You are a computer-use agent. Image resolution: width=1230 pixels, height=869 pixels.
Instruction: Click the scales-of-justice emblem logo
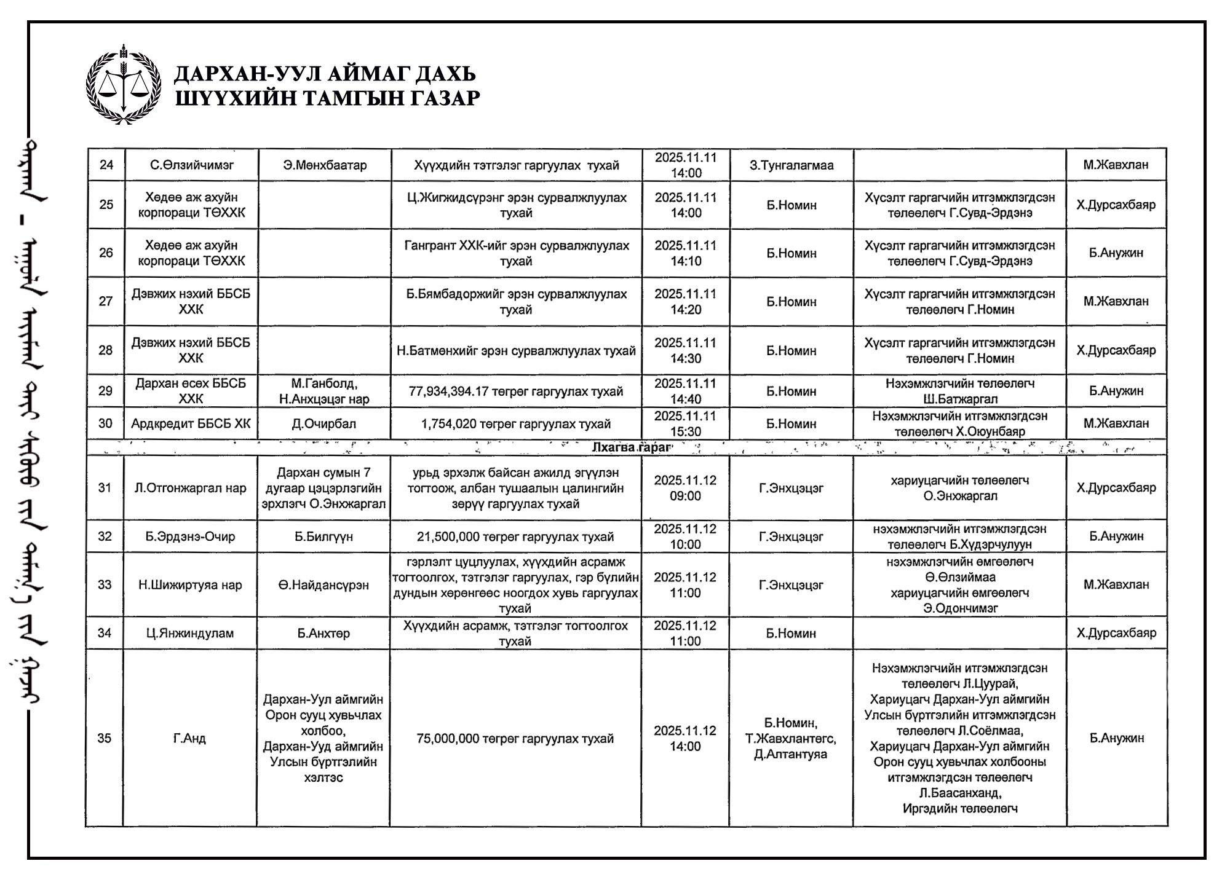tap(123, 84)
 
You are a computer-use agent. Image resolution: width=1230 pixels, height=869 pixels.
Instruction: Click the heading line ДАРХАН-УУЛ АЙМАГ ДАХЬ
tap(325, 74)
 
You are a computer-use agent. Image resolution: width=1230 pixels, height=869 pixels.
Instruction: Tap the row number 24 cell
tap(106, 165)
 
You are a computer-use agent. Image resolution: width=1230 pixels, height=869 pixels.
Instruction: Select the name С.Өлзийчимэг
tap(191, 165)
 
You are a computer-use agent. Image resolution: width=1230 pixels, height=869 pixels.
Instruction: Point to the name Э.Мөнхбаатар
tap(325, 165)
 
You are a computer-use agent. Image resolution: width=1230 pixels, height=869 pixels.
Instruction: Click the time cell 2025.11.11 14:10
tap(686, 253)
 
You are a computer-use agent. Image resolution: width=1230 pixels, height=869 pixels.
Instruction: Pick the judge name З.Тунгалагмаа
tap(792, 165)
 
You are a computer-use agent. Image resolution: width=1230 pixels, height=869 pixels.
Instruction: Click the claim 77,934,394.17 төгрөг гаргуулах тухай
tap(516, 391)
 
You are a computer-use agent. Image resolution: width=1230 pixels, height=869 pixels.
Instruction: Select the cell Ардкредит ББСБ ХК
tap(191, 423)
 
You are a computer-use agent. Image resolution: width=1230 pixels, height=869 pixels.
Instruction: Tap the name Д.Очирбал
tap(325, 423)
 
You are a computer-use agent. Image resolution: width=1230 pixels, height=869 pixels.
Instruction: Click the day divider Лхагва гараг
tap(631, 447)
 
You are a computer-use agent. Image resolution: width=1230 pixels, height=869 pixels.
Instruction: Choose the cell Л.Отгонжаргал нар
tap(191, 488)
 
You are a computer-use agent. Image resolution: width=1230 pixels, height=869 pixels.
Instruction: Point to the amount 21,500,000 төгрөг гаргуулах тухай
tap(515, 537)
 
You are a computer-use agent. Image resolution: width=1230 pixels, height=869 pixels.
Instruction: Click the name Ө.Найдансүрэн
tap(323, 585)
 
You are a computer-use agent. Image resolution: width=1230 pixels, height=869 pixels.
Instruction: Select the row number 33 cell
tap(105, 584)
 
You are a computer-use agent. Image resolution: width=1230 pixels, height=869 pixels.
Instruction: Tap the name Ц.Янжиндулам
tap(190, 633)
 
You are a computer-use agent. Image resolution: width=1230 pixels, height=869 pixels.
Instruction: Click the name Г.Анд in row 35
tap(189, 738)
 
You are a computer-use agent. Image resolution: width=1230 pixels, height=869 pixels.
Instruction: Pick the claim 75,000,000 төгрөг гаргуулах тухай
tap(515, 738)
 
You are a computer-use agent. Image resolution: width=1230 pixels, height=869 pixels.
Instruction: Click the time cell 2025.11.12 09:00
tap(685, 488)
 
